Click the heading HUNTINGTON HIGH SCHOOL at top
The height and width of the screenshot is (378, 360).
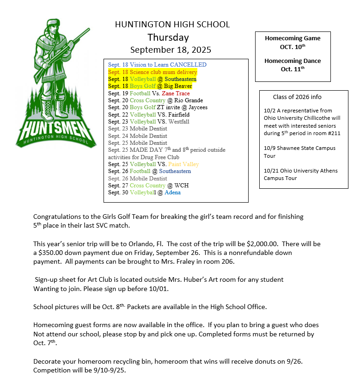point(172,25)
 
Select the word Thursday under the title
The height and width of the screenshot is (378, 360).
point(168,37)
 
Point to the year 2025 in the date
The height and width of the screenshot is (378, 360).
point(201,50)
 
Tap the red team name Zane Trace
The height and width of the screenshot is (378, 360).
point(176,93)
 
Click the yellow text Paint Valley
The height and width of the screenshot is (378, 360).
point(183,164)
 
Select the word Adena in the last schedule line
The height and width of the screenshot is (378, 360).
point(172,192)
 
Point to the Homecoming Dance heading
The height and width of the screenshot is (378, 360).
point(293,61)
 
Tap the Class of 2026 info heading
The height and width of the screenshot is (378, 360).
point(297,97)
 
